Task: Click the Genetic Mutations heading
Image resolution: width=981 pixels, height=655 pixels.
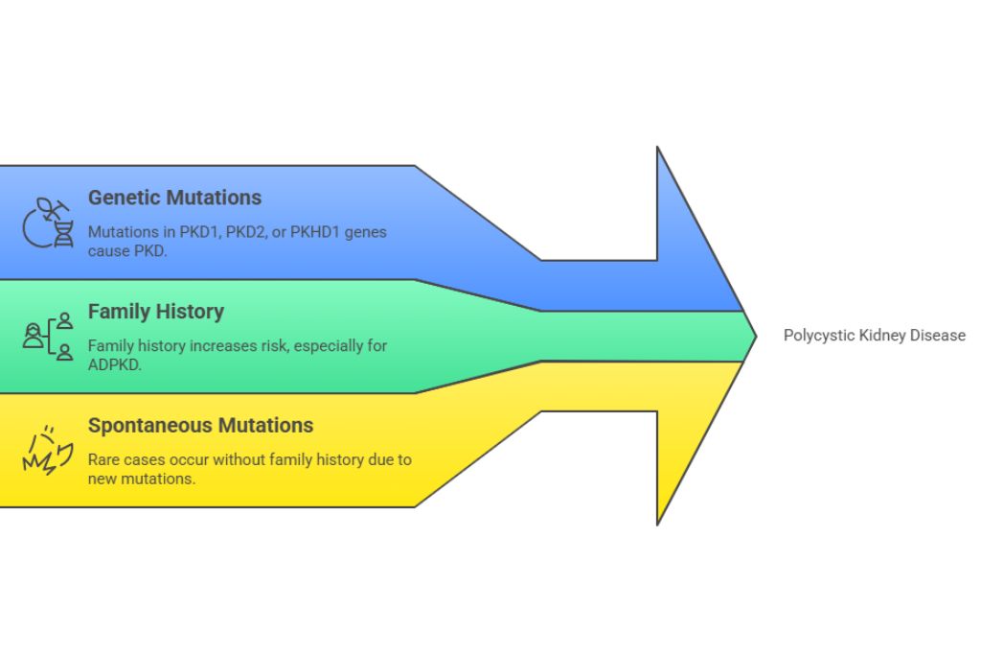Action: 174,198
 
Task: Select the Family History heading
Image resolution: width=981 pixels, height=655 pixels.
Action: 156,312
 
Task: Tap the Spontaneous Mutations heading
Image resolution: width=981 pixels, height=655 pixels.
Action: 200,425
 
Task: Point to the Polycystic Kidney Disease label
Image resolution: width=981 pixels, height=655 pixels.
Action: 874,336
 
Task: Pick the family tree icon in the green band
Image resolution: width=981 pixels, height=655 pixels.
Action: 49,336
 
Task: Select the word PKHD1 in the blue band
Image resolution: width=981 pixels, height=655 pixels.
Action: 314,232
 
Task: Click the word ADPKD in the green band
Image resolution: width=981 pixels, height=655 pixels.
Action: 115,363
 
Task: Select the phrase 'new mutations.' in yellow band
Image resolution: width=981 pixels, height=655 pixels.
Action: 142,478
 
